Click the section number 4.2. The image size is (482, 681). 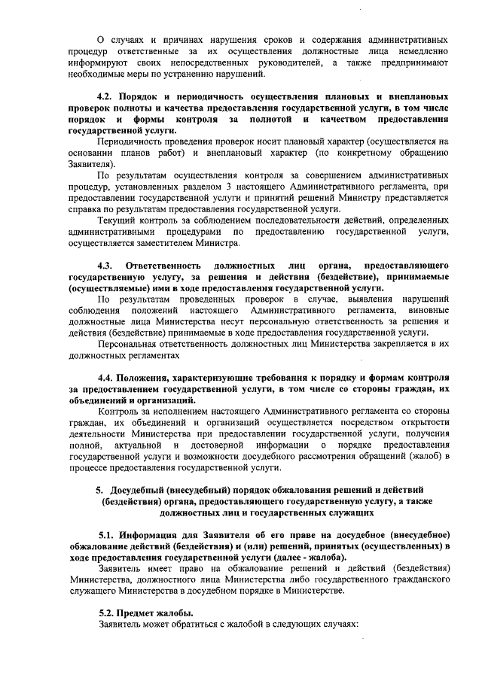coord(108,98)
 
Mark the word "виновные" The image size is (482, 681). coord(429,310)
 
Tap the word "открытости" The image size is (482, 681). coord(426,422)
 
